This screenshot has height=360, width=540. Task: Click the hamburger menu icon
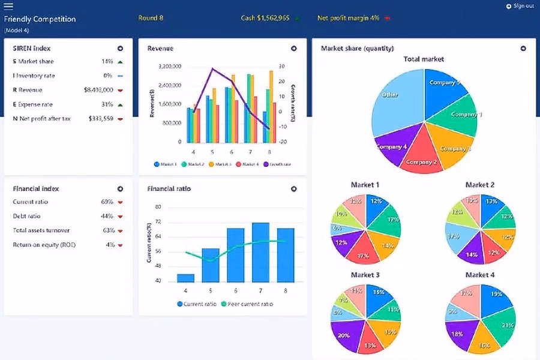8,7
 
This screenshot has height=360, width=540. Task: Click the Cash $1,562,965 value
265,18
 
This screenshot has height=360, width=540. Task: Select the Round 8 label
151,18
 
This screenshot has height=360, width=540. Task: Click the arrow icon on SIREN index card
120,49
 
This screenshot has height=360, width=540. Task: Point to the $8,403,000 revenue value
98,90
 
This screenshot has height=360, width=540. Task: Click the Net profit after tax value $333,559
100,119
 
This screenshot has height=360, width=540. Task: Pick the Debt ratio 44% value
107,216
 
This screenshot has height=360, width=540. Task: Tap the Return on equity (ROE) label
44,245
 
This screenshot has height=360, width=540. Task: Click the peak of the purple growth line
212,68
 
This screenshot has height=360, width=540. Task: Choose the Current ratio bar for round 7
260,252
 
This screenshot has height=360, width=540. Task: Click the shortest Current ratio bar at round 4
185,278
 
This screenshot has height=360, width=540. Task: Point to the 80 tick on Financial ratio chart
158,207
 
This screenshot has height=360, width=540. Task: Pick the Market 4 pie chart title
480,275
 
